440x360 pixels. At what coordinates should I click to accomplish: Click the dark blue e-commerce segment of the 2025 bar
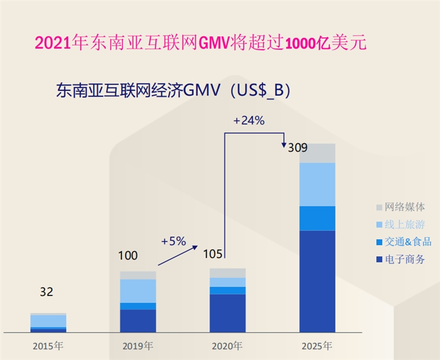click(x=317, y=281)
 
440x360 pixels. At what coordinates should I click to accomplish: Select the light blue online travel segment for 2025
click(x=317, y=184)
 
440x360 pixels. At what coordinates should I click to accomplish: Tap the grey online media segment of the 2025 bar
click(x=317, y=153)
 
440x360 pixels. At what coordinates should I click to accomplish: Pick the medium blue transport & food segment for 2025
click(x=317, y=218)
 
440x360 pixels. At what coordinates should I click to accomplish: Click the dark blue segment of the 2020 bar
click(x=228, y=313)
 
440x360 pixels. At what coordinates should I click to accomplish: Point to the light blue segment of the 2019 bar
click(x=138, y=291)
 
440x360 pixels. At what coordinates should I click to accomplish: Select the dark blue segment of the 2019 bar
click(x=138, y=320)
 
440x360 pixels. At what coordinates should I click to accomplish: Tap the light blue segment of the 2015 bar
click(x=48, y=321)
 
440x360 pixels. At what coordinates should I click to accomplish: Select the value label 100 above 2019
click(x=127, y=256)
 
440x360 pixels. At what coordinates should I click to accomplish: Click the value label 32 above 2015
click(x=47, y=292)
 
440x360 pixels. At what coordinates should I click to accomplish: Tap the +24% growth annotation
click(x=249, y=121)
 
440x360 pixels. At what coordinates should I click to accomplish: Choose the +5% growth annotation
click(x=173, y=240)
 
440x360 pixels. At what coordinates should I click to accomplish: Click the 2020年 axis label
click(x=228, y=345)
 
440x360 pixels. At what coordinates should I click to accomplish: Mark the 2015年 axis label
click(x=48, y=345)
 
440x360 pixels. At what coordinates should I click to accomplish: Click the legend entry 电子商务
click(x=404, y=259)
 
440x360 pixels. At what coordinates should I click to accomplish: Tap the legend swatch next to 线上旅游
click(x=379, y=225)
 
